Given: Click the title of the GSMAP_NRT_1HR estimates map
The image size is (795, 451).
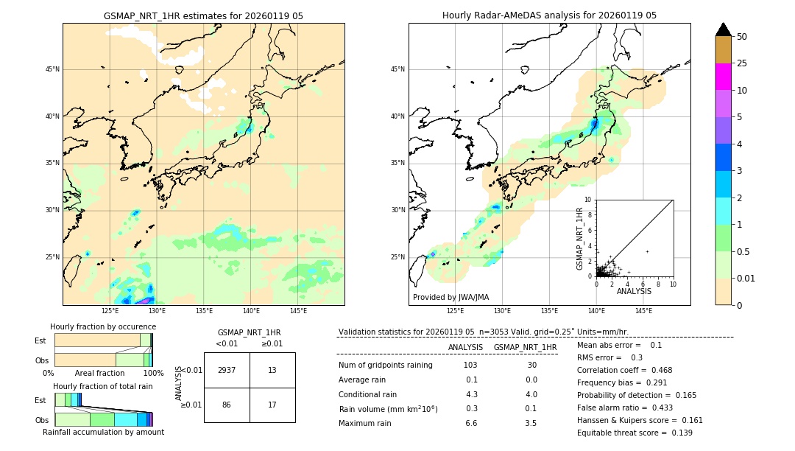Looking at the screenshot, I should [x=203, y=15].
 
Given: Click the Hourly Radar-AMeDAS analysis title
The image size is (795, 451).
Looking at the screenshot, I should [x=549, y=15].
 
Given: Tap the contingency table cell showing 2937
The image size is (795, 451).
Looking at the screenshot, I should [x=227, y=370].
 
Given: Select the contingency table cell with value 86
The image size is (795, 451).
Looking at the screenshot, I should [x=227, y=405].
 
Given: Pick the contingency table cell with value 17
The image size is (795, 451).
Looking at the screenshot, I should [x=272, y=405].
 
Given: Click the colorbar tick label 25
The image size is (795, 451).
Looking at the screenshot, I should [x=742, y=63].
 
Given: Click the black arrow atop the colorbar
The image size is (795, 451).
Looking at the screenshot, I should [x=724, y=29].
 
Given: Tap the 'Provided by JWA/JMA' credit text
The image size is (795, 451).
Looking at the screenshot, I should [x=451, y=297].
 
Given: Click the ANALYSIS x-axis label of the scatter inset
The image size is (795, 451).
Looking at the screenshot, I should [x=634, y=291].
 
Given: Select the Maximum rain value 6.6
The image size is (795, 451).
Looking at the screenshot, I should [x=471, y=423].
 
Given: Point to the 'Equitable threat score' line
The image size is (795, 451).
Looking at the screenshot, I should [x=635, y=433].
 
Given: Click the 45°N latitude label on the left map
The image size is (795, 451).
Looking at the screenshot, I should [x=52, y=69].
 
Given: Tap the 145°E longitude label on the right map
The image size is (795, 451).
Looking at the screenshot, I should [x=643, y=311].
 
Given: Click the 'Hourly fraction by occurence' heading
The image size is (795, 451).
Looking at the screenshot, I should [x=103, y=326].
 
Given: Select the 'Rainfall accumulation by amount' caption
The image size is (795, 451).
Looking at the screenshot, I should [x=103, y=432].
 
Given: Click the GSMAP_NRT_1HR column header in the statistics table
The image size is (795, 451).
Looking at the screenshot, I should [x=525, y=347].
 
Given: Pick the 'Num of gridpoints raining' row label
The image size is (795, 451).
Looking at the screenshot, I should [x=386, y=365].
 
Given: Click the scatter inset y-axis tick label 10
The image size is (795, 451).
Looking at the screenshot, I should [x=588, y=199].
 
